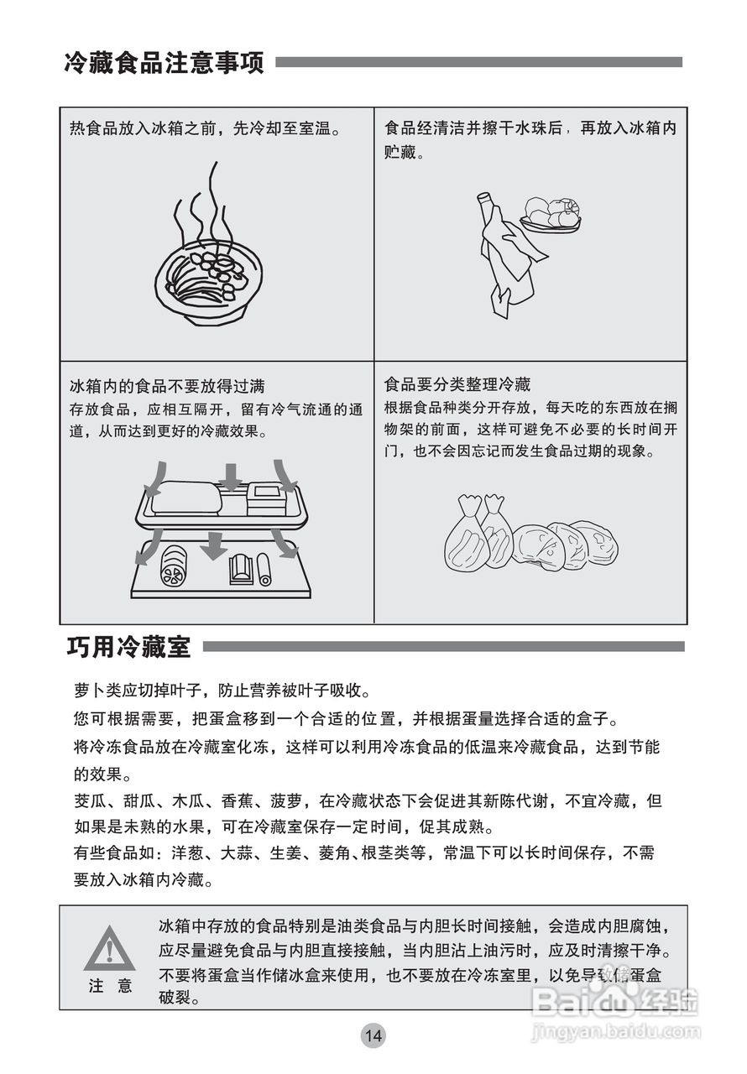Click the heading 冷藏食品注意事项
164,62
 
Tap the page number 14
373,1035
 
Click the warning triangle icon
109,948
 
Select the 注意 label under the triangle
110,986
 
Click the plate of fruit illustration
551,214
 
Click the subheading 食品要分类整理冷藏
457,385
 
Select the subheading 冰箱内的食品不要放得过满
167,386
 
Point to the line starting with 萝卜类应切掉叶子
222,691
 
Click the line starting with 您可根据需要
345,719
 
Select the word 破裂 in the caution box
179,998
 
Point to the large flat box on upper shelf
187,500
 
